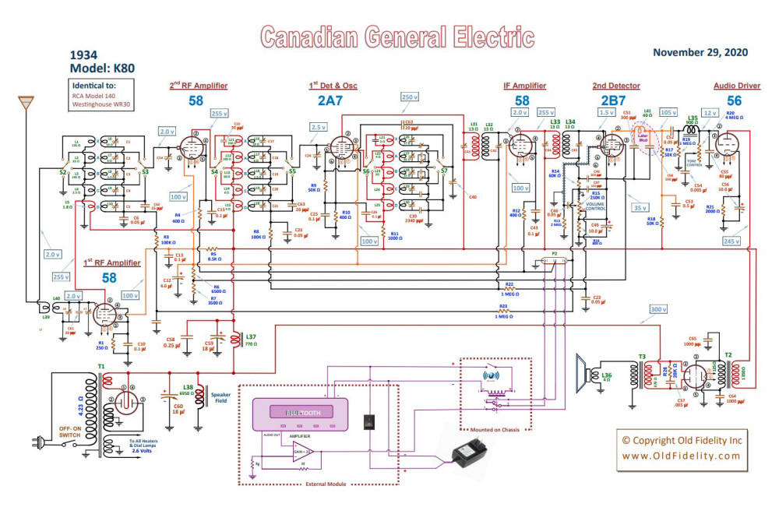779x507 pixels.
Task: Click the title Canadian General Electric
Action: (397, 37)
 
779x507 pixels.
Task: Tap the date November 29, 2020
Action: (700, 52)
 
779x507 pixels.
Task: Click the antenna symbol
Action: (26, 103)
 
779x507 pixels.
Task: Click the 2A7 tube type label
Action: (330, 101)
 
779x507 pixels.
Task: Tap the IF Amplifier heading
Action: (525, 85)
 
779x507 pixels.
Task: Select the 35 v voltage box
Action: (641, 209)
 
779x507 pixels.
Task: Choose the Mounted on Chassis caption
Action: (495, 428)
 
